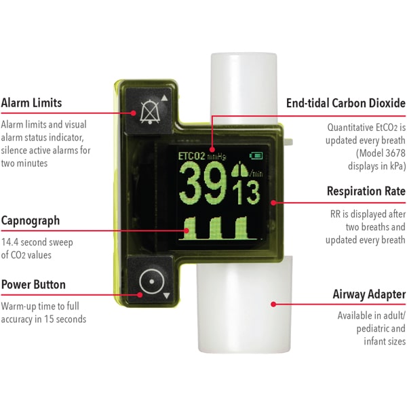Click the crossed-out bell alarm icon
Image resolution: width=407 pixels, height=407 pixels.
(149, 112)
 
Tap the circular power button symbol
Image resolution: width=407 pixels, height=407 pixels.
(152, 282)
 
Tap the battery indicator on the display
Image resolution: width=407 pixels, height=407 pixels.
(256, 155)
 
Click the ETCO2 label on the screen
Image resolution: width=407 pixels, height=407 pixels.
(191, 156)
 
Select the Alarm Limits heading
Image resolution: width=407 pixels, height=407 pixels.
(31, 103)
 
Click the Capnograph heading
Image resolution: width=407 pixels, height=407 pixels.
(31, 221)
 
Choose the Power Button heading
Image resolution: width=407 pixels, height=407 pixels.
(33, 284)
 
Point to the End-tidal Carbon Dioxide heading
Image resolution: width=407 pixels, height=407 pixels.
(346, 103)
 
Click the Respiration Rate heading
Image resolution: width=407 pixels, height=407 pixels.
(366, 191)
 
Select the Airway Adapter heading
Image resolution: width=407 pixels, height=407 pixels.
(369, 294)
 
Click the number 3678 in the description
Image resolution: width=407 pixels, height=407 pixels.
(395, 153)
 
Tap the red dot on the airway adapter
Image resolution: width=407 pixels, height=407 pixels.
(273, 304)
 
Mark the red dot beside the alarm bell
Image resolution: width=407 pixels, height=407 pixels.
(134, 113)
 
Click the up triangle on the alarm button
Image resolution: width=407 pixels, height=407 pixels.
(164, 98)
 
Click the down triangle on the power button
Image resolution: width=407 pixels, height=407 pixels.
(166, 295)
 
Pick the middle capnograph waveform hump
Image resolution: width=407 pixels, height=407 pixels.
(216, 228)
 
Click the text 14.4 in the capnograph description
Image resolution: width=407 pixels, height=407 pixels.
(10, 242)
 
